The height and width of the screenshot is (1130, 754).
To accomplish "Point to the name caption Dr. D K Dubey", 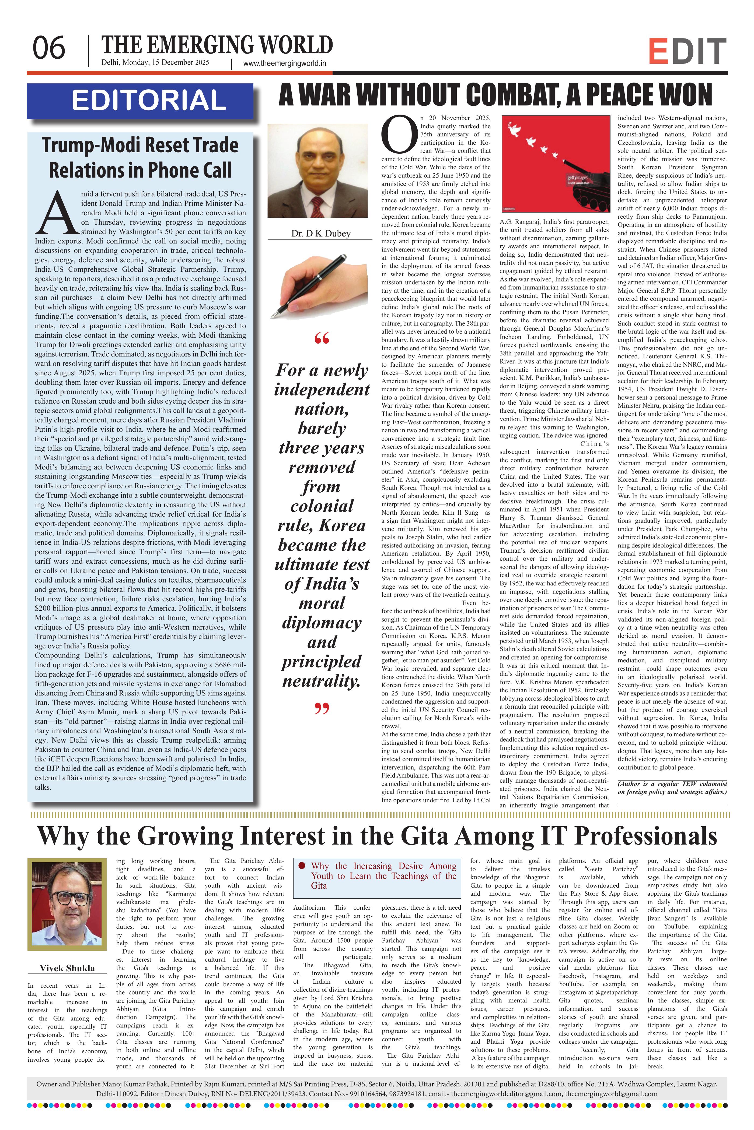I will (x=321, y=234).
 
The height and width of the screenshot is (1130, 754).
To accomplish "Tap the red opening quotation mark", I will (x=321, y=340).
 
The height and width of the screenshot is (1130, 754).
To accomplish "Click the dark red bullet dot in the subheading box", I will (x=302, y=866).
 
